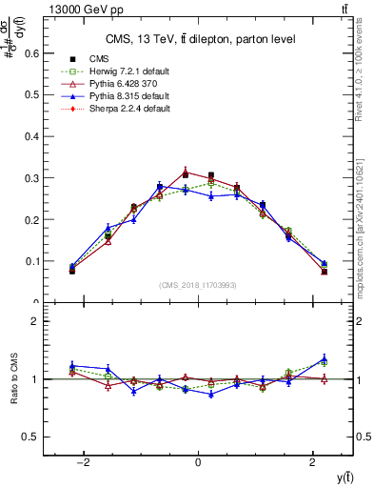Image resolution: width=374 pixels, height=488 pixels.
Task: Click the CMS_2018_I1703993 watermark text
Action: [198, 286]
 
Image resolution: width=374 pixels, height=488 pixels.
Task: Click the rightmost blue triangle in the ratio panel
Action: [324, 358]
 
